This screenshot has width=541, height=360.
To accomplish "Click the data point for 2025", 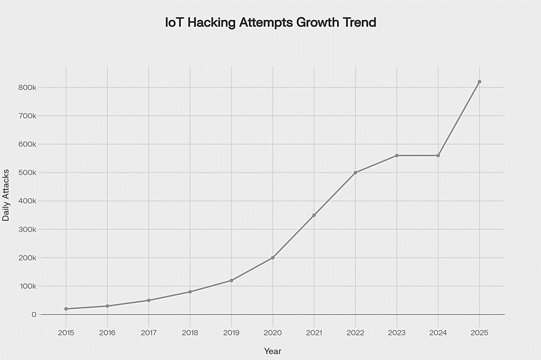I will [x=479, y=82].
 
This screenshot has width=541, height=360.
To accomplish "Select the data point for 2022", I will [x=356, y=173].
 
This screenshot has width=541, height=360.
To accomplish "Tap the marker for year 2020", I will [x=273, y=258].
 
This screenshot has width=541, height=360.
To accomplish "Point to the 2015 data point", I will [x=66, y=309].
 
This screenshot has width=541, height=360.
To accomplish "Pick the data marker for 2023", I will [x=397, y=155].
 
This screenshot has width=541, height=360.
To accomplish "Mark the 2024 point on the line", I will [x=438, y=155].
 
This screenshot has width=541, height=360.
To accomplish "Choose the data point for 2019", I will [x=231, y=280].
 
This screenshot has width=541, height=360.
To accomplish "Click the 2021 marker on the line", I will [x=314, y=215].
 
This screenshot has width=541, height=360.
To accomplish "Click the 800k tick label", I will [x=26, y=87].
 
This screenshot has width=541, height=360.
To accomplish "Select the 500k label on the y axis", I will [x=26, y=173].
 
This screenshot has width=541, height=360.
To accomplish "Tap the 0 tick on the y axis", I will [x=34, y=315].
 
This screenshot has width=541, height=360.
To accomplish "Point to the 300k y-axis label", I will [x=26, y=230].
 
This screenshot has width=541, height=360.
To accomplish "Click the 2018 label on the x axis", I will [x=190, y=333].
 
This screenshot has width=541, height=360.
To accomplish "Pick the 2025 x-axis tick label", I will [x=479, y=333].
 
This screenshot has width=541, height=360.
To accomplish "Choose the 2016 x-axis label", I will [x=107, y=333].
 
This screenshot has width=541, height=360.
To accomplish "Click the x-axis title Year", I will [x=273, y=351].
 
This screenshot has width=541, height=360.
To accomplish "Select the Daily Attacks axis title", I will [x=6, y=195].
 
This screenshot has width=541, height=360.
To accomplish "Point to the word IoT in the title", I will [x=174, y=23].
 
